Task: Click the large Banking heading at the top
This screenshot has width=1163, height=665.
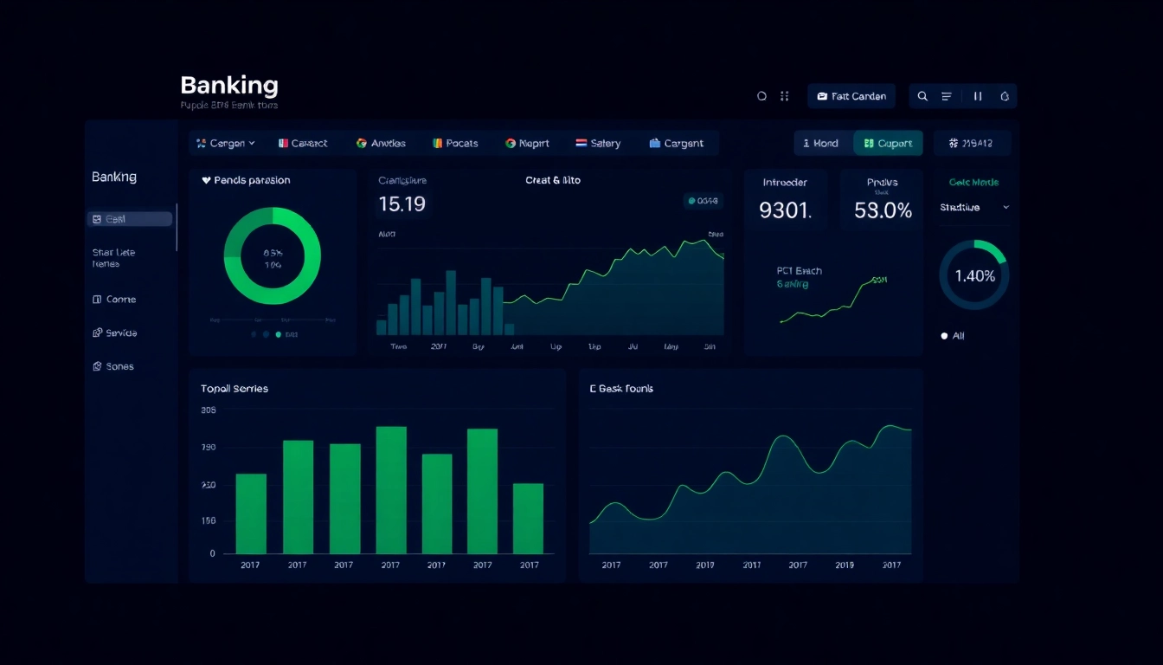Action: click(x=229, y=86)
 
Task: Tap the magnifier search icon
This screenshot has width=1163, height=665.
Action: click(x=922, y=96)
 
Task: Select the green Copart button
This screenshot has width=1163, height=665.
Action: click(x=888, y=144)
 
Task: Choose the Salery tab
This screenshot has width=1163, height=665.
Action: click(x=598, y=144)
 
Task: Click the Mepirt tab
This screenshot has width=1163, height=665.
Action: click(x=528, y=144)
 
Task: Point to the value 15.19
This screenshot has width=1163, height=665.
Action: click(x=402, y=204)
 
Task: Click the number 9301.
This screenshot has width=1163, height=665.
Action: click(x=785, y=210)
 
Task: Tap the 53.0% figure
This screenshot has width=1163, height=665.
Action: click(x=883, y=210)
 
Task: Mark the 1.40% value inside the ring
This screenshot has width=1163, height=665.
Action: click(x=974, y=276)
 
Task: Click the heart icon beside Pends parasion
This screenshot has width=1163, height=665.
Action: click(x=206, y=181)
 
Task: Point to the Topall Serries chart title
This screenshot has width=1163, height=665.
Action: click(x=235, y=389)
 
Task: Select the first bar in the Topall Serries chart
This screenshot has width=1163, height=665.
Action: click(x=251, y=513)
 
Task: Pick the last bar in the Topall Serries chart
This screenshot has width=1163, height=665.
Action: click(x=528, y=518)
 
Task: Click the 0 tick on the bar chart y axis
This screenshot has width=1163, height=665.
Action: click(x=212, y=554)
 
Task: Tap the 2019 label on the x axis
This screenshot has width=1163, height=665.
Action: click(x=845, y=565)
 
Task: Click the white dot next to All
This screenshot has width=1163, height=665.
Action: click(x=944, y=336)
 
